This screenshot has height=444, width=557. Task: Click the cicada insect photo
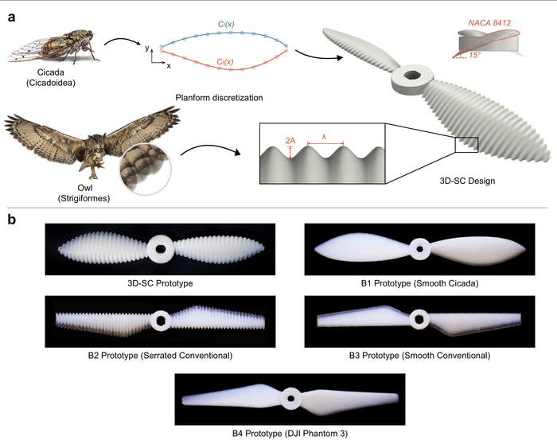coord(53,48)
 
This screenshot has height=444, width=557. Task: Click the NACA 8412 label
coord(489,23)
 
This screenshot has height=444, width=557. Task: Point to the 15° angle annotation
coord(474,56)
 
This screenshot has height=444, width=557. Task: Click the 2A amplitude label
coord(290,141)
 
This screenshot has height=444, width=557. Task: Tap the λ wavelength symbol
coord(324,137)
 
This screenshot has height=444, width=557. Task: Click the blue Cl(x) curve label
coord(226,25)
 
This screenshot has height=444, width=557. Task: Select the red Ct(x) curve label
coord(225,62)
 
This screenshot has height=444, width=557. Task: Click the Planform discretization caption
coord(219,98)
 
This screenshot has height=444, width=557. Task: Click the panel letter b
coord(12,220)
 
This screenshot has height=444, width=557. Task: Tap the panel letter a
coord(12,18)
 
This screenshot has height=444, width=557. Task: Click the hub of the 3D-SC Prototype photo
coord(161,248)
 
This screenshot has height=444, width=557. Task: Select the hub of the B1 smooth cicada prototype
coord(420,249)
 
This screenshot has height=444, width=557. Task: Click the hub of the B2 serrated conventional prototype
coord(161,321)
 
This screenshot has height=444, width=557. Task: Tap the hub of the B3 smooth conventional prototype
coord(419,320)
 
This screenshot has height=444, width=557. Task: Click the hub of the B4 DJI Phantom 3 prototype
coord(290,398)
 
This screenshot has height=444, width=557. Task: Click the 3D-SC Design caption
coord(467,181)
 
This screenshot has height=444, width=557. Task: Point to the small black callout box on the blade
coord(467,145)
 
